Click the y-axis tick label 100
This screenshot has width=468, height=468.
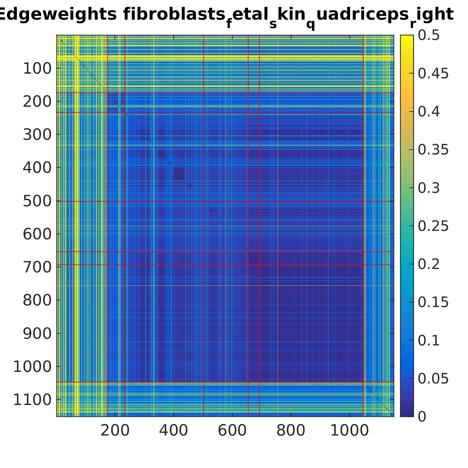[37, 69]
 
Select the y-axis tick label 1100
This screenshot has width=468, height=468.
[32, 400]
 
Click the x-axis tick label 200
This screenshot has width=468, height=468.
[115, 431]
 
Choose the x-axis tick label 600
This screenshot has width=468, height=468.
[232, 431]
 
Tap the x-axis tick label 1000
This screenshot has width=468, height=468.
[349, 431]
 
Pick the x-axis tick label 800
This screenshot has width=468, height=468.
[291, 431]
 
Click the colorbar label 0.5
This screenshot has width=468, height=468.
[429, 35]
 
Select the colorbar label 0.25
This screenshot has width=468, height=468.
[433, 226]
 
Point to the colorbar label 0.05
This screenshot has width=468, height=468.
[433, 378]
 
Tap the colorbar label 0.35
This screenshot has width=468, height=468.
[433, 150]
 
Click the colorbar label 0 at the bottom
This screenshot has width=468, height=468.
[422, 417]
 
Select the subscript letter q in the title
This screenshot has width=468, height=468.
[310, 24]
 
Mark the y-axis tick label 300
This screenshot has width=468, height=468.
[37, 135]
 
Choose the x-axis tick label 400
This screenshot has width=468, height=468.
[173, 431]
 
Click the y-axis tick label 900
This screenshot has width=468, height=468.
[37, 334]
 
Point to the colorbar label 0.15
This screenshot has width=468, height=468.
[433, 302]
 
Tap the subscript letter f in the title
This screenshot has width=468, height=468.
[229, 24]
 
